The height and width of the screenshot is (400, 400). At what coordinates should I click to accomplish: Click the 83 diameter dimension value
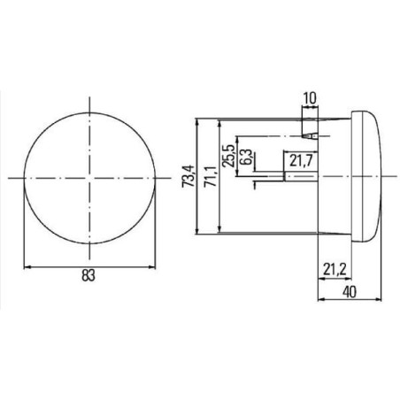point(88,275)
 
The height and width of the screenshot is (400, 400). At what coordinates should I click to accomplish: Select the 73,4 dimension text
point(188,176)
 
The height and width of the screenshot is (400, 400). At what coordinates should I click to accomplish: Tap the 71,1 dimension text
point(211,176)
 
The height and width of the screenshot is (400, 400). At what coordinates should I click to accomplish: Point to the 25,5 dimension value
point(228,156)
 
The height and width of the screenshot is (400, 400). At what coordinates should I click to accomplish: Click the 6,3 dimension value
point(245,157)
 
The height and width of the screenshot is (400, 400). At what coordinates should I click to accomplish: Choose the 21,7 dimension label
point(301,160)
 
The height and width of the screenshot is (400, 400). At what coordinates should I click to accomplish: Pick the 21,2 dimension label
point(335,269)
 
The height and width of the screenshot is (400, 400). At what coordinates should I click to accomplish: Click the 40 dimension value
point(350,292)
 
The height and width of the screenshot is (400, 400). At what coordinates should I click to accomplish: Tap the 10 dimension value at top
point(310,98)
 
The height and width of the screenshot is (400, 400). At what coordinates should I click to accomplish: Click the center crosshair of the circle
point(89,178)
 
